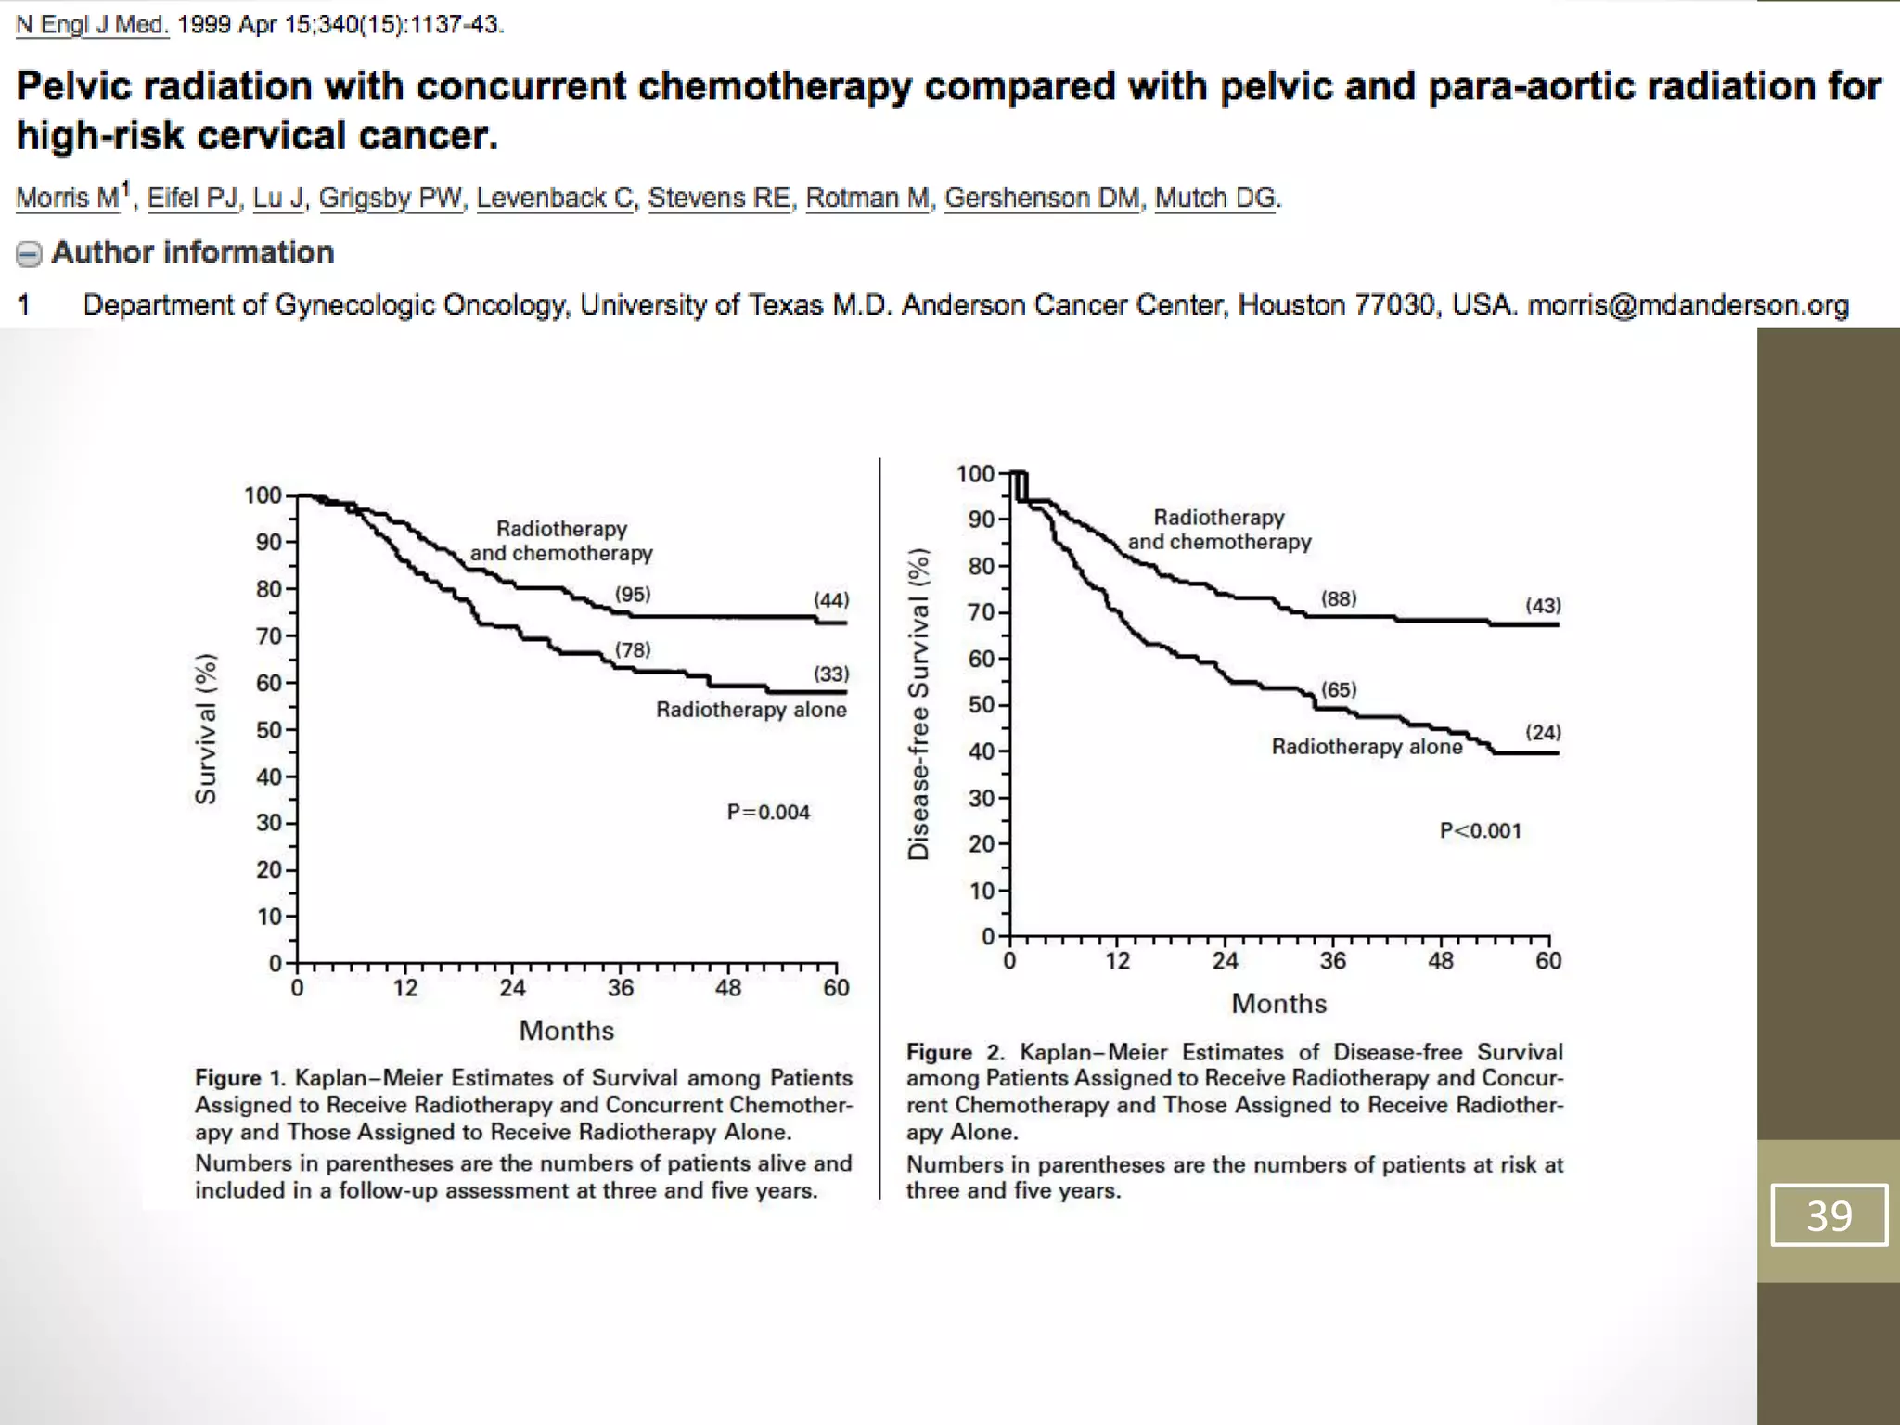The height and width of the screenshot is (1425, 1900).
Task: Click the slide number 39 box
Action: tap(1829, 1214)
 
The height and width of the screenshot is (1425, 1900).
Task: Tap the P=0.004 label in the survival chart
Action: tap(768, 813)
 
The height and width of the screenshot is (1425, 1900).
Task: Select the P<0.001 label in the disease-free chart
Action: tap(1481, 831)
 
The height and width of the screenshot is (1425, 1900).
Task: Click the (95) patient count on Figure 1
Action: tap(633, 595)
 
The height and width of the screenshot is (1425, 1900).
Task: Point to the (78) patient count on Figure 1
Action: tap(633, 650)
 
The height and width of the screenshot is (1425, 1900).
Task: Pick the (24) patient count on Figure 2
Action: tap(1543, 733)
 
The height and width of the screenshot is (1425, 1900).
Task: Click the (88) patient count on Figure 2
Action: tap(1339, 599)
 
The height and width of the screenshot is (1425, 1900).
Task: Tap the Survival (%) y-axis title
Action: tap(206, 729)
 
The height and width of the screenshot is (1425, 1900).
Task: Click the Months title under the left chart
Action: tap(566, 1031)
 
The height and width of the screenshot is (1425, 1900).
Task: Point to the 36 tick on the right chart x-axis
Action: tap(1332, 961)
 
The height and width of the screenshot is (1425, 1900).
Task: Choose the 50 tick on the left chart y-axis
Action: tap(269, 730)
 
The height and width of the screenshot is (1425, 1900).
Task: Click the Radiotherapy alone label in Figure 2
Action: tap(1367, 747)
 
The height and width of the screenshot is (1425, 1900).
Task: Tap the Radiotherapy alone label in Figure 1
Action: tap(751, 710)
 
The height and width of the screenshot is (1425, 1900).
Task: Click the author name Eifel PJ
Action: tap(192, 198)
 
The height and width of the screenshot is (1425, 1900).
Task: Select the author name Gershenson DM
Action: tap(1042, 198)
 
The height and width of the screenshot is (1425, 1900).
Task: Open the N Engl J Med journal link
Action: tap(92, 25)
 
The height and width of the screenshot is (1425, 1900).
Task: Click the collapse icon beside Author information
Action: tap(30, 254)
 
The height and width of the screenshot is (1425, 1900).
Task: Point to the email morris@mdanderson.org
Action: tap(1688, 305)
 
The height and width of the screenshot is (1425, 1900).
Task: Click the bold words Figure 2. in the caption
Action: tap(955, 1052)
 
